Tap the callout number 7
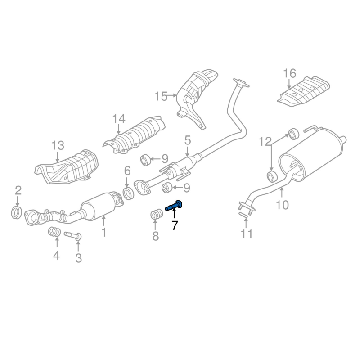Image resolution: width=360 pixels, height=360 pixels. coord(175,225)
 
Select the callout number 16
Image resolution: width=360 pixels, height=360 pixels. coord(289,73)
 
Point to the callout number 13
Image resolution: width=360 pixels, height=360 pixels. coord(58,146)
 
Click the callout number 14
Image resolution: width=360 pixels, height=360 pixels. coord(118,119)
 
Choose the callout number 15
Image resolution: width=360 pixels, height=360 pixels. coord(161,96)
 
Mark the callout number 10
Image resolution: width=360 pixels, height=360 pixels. coord(282,205)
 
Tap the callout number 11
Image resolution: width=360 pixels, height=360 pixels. coord(247,234)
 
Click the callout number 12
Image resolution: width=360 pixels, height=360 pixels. coord(264,142)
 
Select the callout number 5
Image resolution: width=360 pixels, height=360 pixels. coord(187,140)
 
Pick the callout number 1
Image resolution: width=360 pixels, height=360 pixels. coord(103,232)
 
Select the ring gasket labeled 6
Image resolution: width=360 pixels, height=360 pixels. coord(128,193)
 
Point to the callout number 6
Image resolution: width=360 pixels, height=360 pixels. coord(127,171)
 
